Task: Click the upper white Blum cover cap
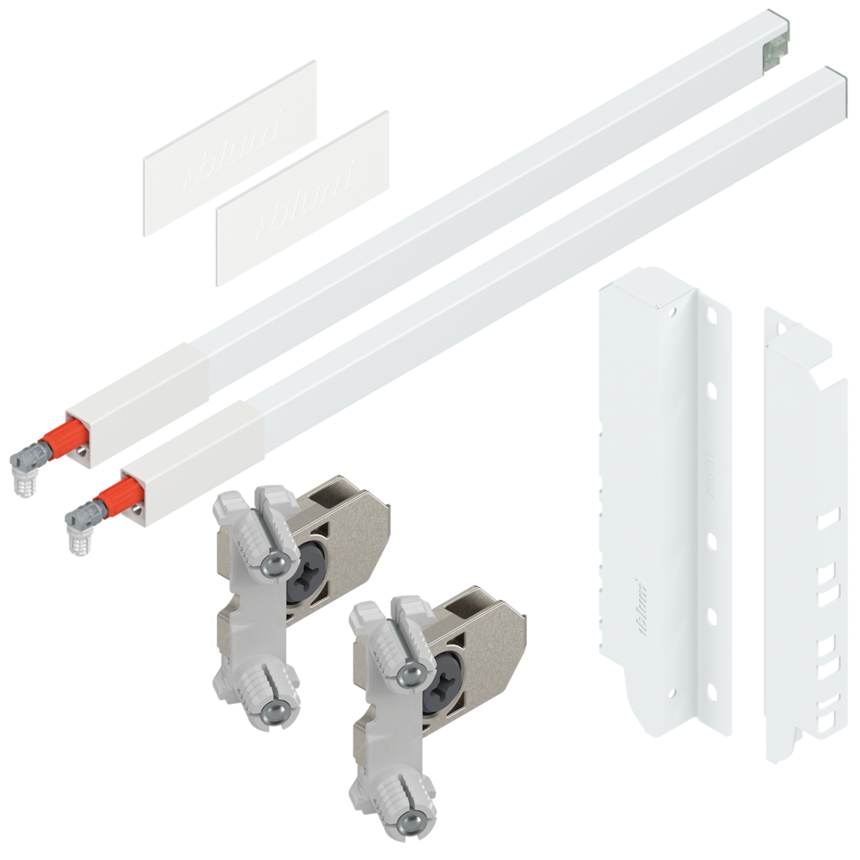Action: click(x=228, y=148)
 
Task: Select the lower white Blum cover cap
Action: click(x=302, y=198)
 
